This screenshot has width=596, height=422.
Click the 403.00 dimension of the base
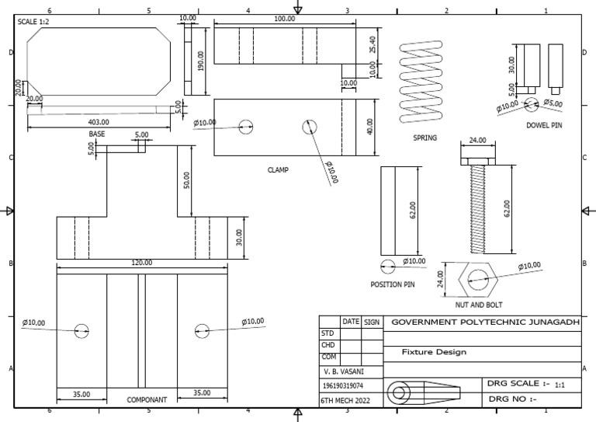pyautogui.click(x=99, y=122)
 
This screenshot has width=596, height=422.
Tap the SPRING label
pyautogui.click(x=424, y=138)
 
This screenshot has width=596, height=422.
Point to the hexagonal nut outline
pyautogui.click(x=476, y=279)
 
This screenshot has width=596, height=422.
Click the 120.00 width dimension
pyautogui.click(x=141, y=263)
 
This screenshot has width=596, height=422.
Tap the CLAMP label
pyautogui.click(x=279, y=169)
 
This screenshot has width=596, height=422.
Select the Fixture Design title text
pyautogui.click(x=435, y=352)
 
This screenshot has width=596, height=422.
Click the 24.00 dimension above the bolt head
pyautogui.click(x=478, y=141)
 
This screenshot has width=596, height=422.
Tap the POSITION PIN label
pyautogui.click(x=393, y=285)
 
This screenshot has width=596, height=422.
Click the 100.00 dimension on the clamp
pyautogui.click(x=284, y=19)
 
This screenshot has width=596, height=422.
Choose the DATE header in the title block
pyautogui.click(x=351, y=321)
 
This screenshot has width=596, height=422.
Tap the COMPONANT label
pyautogui.click(x=147, y=400)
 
